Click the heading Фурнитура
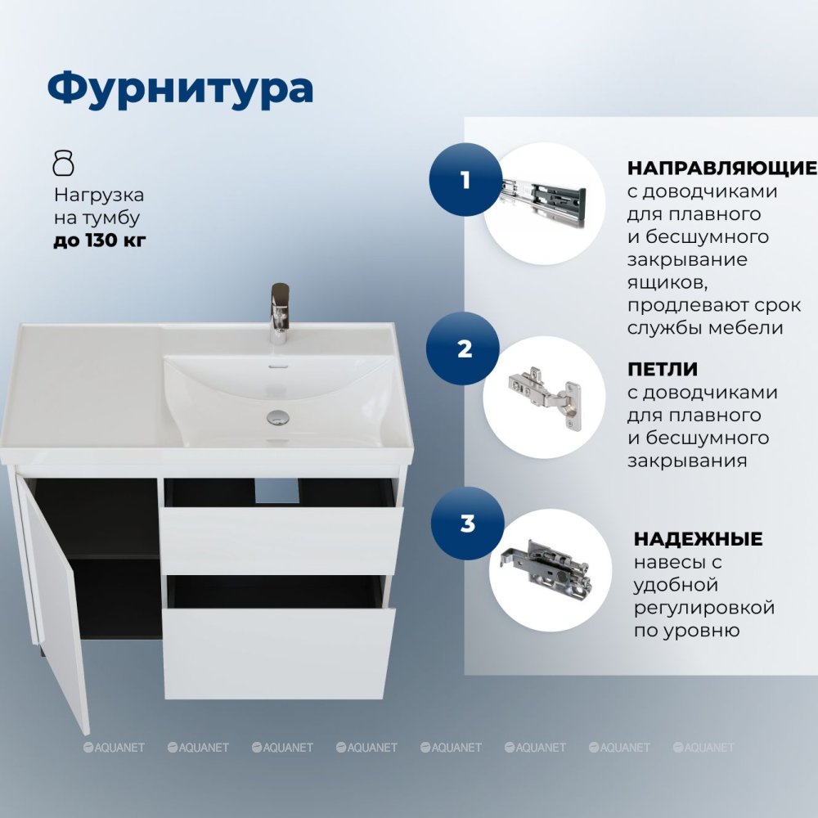(x=180, y=90)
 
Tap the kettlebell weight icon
(x=64, y=163)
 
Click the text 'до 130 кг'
(x=100, y=240)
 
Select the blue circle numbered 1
(x=465, y=179)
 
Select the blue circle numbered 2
(x=463, y=348)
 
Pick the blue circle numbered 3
(x=467, y=524)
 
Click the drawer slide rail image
(x=543, y=202)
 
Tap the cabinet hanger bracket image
(x=546, y=568)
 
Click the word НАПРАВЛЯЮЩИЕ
(x=722, y=168)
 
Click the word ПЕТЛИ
(x=663, y=369)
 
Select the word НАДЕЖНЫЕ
(x=698, y=538)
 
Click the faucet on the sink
(x=280, y=313)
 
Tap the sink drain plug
(x=277, y=417)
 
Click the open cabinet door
(x=52, y=600)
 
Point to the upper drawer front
(x=281, y=541)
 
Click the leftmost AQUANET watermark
(x=114, y=747)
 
